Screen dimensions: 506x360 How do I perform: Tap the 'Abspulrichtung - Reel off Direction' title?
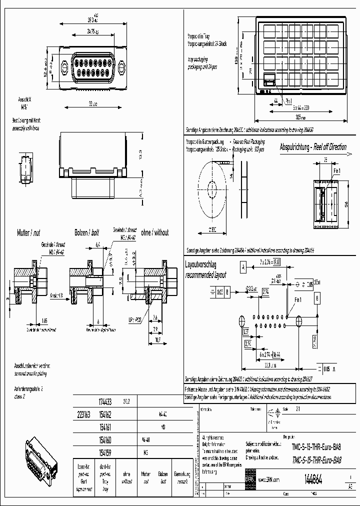point(313,147)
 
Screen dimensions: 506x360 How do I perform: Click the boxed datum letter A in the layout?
point(243,268)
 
